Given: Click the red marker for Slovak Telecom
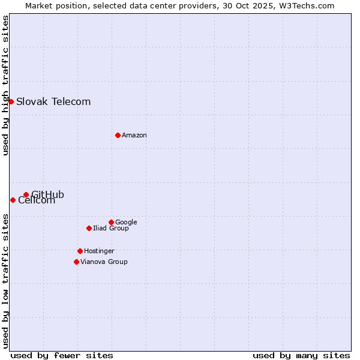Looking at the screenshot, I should [x=11, y=101].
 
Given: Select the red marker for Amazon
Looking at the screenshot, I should [x=118, y=135].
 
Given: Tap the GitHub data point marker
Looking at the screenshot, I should [x=26, y=194].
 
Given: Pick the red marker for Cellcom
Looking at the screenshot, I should [x=13, y=200].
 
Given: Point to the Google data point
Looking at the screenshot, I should [x=111, y=222].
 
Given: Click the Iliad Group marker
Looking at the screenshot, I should [x=89, y=228].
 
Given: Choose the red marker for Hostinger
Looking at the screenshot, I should [x=80, y=251].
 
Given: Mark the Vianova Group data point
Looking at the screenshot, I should [x=76, y=262].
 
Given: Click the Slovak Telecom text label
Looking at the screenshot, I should [x=53, y=101].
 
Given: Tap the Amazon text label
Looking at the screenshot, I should [x=134, y=135].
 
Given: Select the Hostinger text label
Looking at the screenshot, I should [x=99, y=251].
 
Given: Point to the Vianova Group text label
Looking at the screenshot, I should [x=104, y=262].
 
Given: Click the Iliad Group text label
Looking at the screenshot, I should [x=111, y=228].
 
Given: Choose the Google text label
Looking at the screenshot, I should [x=126, y=222].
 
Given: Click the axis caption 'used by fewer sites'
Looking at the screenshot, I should [x=62, y=355].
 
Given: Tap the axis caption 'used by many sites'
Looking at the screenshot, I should [x=301, y=355].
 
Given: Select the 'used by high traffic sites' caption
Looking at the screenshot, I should [x=5, y=85].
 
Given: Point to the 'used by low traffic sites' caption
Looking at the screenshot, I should [x=5, y=280].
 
